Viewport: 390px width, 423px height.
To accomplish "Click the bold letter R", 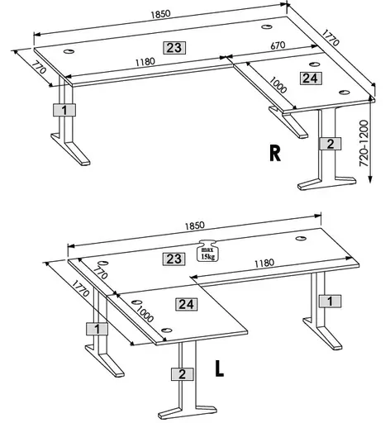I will coord(276,154).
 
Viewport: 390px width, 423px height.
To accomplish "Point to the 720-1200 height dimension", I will coord(377,143).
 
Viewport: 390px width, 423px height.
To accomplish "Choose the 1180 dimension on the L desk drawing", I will coord(264,264).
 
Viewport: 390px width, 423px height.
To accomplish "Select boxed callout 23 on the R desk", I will coord(174,48).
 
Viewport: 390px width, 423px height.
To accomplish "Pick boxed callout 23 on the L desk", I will coord(174,259).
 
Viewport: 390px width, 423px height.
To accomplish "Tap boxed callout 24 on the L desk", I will coord(186,304).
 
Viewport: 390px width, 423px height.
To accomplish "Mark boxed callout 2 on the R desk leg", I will coord(330,144).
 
